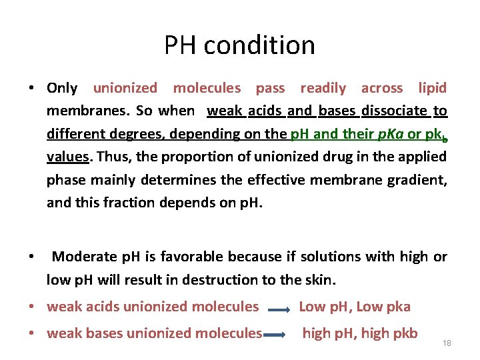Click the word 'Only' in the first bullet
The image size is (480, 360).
tap(62, 88)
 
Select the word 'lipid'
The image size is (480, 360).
tap(432, 88)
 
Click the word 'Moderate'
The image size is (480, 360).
tap(84, 257)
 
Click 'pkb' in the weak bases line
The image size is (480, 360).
tap(403, 333)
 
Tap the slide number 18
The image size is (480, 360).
tap(447, 343)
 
